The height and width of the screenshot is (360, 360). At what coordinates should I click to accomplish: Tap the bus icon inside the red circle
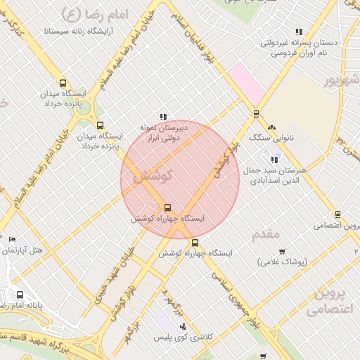(167, 207)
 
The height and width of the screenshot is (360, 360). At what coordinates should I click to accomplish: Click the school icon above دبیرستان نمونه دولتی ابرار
(163, 117)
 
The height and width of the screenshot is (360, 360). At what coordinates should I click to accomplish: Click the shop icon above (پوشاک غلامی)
(282, 252)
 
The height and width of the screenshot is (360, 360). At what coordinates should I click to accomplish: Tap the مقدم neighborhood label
(266, 233)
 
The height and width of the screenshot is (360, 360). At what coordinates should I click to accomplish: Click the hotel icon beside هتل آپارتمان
(12, 240)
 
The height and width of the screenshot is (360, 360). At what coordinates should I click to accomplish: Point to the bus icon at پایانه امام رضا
(20, 295)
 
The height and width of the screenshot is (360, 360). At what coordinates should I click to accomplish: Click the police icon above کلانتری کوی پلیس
(184, 326)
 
